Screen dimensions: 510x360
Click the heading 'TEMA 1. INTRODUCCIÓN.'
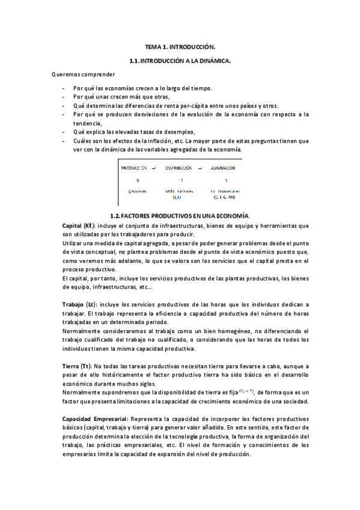coord(180,46)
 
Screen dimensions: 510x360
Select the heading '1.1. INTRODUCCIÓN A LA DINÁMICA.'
coord(180,61)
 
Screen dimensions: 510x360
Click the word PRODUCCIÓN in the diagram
coord(134,168)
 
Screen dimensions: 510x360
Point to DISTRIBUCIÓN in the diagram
coord(179,168)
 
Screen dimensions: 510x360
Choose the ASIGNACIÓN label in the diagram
coord(222,168)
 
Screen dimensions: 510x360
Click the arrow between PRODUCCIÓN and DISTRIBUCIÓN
coord(154,168)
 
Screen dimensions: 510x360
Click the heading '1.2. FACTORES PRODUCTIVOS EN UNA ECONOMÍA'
coord(180,215)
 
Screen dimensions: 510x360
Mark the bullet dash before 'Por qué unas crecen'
coord(64,96)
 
